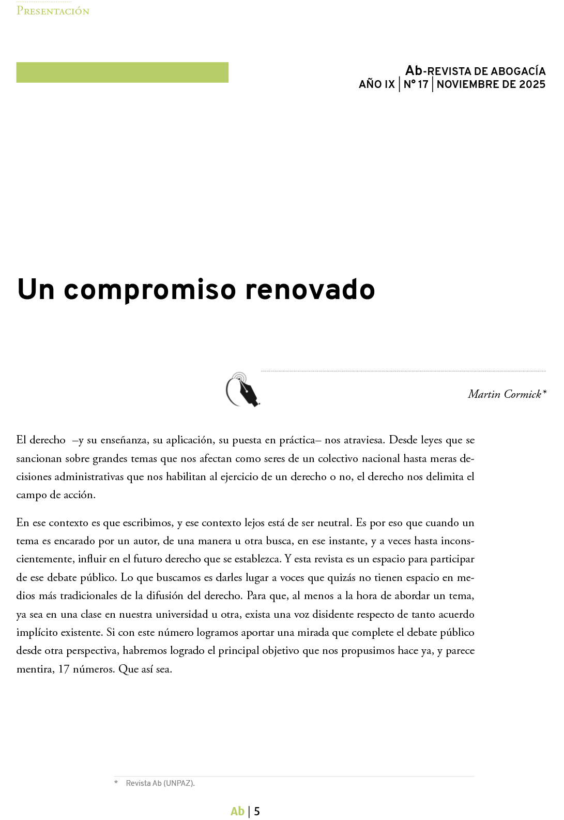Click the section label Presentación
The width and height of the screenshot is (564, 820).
[x=53, y=11]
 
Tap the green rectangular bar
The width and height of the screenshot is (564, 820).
[x=122, y=72]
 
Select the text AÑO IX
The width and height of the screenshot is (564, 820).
[x=376, y=84]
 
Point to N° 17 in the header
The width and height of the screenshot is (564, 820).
[x=416, y=84]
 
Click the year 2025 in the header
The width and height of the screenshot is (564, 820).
[x=532, y=84]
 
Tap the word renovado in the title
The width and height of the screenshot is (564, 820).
[x=310, y=289]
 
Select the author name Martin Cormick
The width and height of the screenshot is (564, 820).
[x=504, y=394]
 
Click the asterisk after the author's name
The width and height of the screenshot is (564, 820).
[x=544, y=393]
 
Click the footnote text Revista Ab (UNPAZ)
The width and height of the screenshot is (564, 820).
[x=160, y=783]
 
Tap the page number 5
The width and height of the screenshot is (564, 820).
[x=257, y=811]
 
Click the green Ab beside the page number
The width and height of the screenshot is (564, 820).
[x=237, y=811]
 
